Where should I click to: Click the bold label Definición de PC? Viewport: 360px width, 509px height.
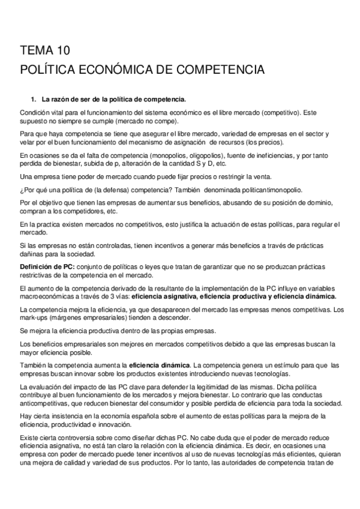click(46, 265)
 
